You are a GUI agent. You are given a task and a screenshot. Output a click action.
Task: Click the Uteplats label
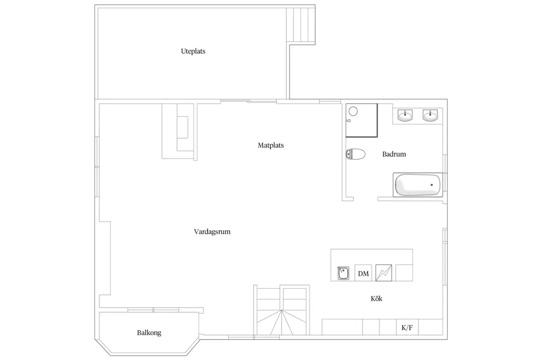coord(193,51)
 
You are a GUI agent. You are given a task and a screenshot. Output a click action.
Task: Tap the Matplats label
coord(270,145)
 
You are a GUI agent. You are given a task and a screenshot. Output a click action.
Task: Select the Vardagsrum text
coord(212,231)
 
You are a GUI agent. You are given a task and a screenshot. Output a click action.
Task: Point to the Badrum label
coord(394,154)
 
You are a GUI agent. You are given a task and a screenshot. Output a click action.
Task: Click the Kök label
coord(376,299)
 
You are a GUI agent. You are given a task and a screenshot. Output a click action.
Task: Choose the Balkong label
coord(149,333)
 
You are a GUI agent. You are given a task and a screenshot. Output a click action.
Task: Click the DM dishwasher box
coord(363,273)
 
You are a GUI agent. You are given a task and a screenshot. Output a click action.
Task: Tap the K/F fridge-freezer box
coord(407,327)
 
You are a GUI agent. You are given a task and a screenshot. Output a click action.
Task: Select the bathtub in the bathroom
coord(418,185)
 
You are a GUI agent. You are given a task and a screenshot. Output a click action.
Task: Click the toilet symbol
coord(356,154)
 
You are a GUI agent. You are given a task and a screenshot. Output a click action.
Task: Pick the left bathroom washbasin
coord(405,115)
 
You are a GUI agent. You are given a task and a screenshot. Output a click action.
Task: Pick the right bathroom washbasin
coord(430,115)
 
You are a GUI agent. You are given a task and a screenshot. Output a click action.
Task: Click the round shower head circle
coord(353,111)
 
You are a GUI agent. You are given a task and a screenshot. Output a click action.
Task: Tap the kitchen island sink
coord(343,273)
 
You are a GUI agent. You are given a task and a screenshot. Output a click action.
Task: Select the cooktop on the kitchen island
coord(384,273)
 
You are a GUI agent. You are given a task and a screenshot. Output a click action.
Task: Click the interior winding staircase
coord(282,310)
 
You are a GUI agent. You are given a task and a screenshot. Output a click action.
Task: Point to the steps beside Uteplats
coord(301,25)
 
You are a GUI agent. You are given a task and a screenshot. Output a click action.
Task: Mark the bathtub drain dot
coord(432,185)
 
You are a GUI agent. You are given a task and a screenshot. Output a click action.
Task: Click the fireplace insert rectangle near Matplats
coord(182,127)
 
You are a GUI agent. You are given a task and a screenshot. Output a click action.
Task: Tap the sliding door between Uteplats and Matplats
coord(248,101)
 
